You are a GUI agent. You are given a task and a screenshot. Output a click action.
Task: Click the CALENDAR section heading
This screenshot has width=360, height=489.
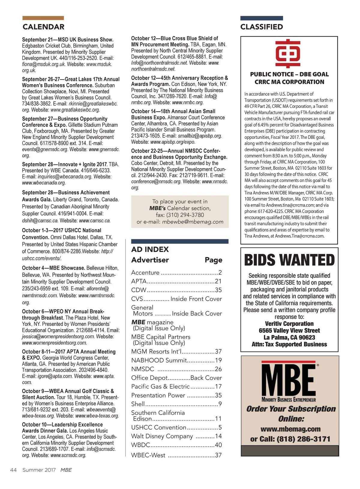43,27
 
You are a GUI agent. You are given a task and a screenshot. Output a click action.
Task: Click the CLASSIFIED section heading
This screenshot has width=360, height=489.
262,27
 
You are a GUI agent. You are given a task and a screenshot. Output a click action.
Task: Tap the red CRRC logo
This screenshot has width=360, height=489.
288,53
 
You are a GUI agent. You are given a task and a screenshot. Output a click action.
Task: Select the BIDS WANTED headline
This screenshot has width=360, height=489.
289,260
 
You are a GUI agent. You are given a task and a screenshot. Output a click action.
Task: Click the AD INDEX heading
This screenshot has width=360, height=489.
150,249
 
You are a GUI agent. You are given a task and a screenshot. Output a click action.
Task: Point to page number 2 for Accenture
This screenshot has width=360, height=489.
220,273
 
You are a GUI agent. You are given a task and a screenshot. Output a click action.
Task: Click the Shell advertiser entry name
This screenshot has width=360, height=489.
138,404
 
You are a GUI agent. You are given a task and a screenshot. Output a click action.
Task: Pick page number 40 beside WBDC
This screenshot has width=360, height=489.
218,445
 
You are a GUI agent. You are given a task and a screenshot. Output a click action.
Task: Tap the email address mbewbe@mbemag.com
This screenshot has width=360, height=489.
193,222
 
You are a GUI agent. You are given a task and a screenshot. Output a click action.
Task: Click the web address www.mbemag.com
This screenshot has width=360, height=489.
290,429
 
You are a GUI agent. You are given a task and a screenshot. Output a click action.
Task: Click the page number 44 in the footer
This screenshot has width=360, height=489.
13,470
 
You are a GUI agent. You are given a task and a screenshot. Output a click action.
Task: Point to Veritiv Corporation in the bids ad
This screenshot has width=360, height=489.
289,324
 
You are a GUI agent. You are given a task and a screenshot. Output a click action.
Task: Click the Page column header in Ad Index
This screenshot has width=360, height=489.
214,260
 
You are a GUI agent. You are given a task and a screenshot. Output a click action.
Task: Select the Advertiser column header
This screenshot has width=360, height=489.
150,260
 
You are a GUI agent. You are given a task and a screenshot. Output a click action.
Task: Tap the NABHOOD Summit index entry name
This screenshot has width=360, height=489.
159,360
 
